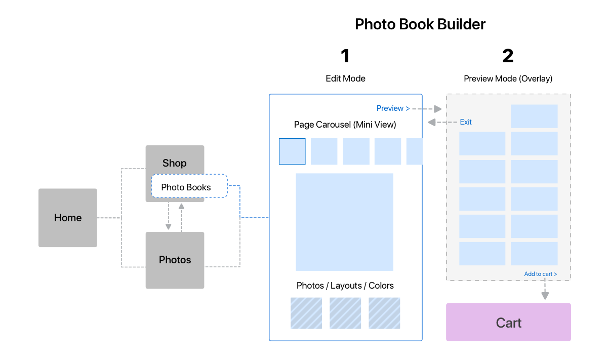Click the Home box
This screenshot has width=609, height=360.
(68, 218)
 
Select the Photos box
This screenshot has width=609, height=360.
(175, 260)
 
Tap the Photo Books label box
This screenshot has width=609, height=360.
(189, 187)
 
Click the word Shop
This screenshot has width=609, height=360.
(174, 163)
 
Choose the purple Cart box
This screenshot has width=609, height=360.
(508, 323)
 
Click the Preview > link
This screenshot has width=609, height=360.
(393, 108)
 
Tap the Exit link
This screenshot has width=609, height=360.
(466, 122)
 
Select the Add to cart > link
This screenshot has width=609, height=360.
(540, 274)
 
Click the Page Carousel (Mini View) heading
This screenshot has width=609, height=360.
(345, 125)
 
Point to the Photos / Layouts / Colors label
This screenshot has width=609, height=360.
(345, 286)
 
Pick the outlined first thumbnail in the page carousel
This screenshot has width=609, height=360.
(292, 151)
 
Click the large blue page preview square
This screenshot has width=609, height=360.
(344, 222)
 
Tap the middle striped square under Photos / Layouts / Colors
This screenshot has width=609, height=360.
(345, 313)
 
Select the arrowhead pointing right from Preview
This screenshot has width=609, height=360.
(438, 109)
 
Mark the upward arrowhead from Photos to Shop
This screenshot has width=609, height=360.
(181, 207)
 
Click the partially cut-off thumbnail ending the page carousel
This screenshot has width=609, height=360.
(415, 151)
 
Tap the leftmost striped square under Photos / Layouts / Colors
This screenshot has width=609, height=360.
(306, 313)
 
